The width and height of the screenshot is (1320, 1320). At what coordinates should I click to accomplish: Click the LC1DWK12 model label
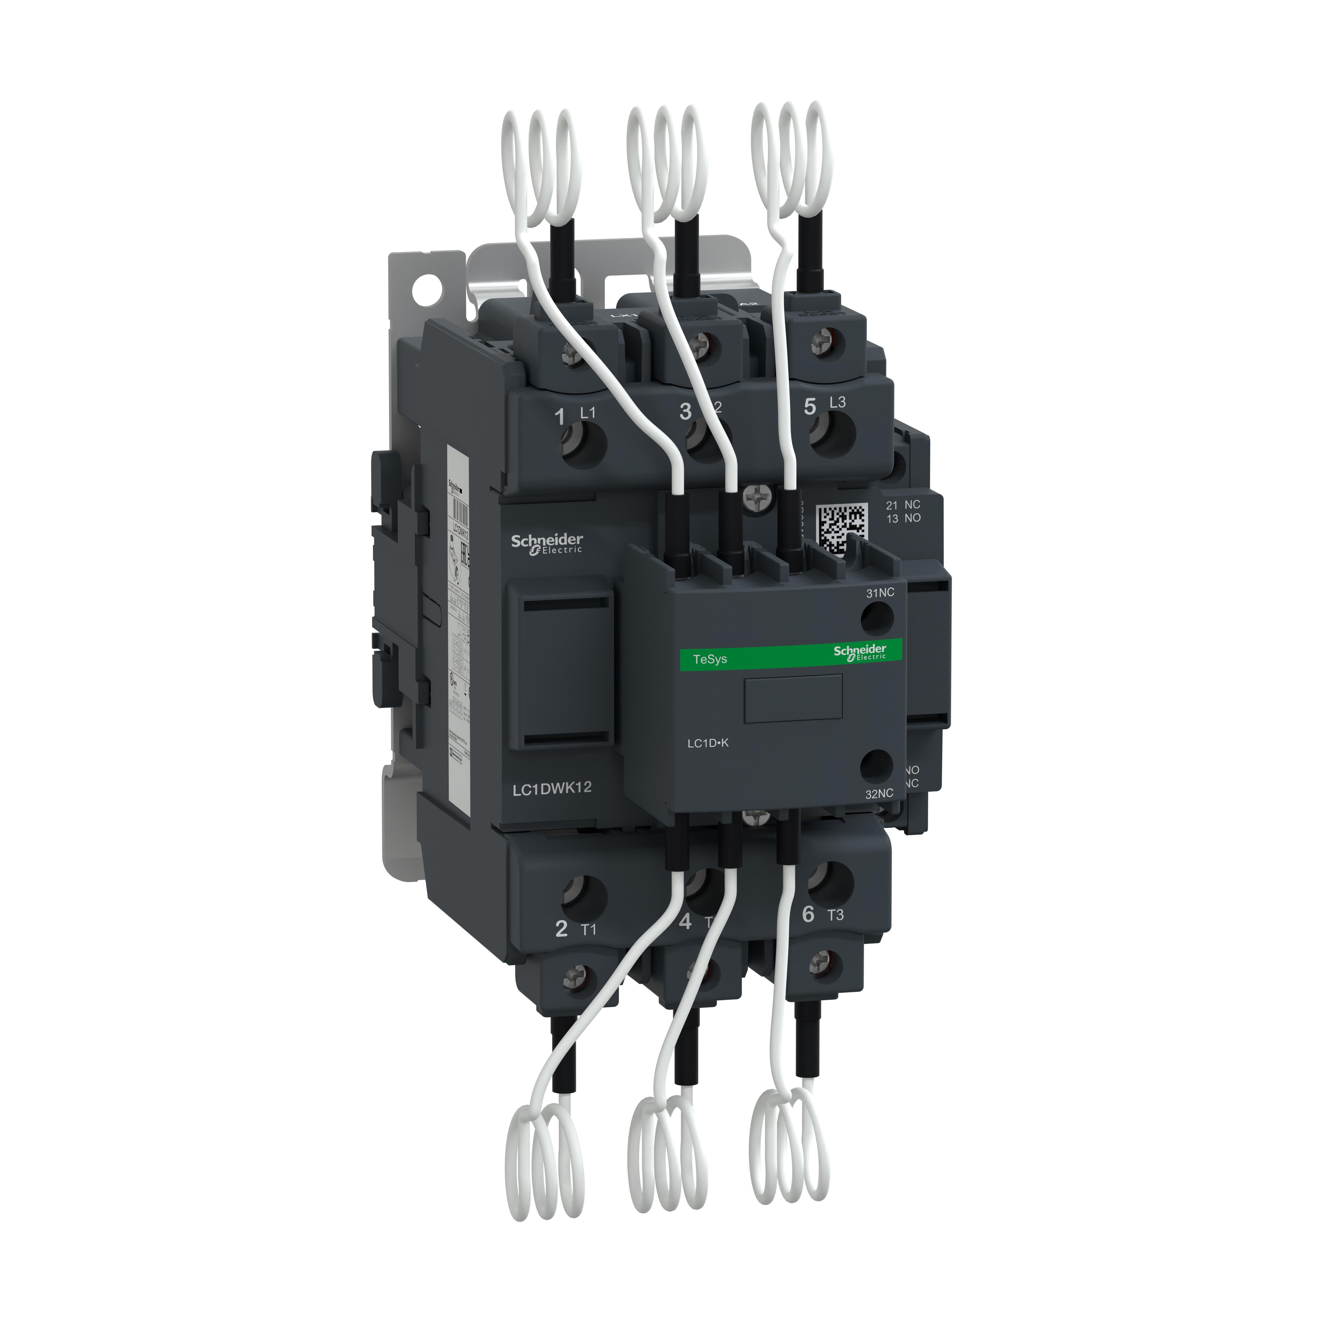click(x=551, y=788)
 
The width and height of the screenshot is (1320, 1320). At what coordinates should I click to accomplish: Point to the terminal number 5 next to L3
click(x=809, y=407)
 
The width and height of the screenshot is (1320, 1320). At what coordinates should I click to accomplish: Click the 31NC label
click(x=880, y=592)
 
